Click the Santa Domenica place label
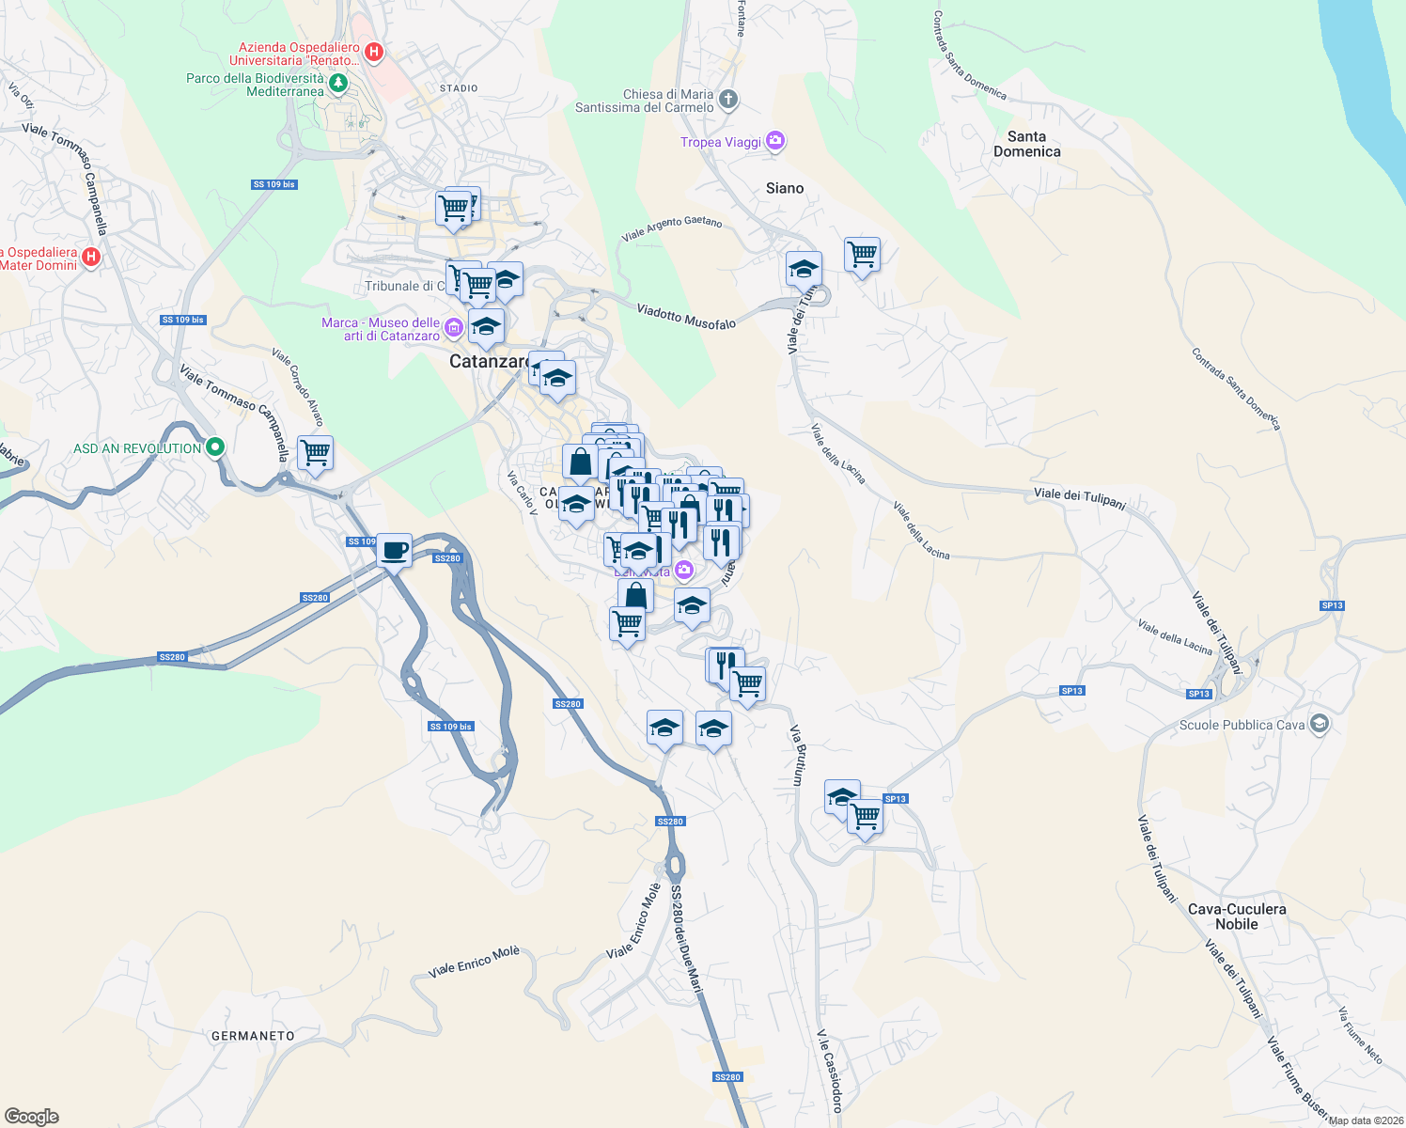pos(1026,144)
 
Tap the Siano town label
pos(784,188)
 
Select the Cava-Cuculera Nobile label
pos(1236,916)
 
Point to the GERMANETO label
pos(253,1036)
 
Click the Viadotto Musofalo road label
pos(686,316)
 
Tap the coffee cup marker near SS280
pos(394,550)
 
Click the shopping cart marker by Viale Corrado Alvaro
pos(315,452)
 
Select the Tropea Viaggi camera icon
pos(775,141)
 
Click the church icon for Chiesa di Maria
pos(729,99)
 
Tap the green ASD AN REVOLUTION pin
pos(215,447)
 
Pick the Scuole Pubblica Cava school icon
pos(1320,724)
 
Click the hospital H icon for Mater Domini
pos(91,257)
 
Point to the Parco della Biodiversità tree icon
pos(338,84)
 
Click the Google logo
pos(32,1117)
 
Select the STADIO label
pos(459,88)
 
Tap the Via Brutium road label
pos(797,755)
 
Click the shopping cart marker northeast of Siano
pos(862,254)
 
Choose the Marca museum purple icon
pos(454,328)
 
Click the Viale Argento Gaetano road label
pos(671,227)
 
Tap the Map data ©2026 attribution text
pos(1364,1120)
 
